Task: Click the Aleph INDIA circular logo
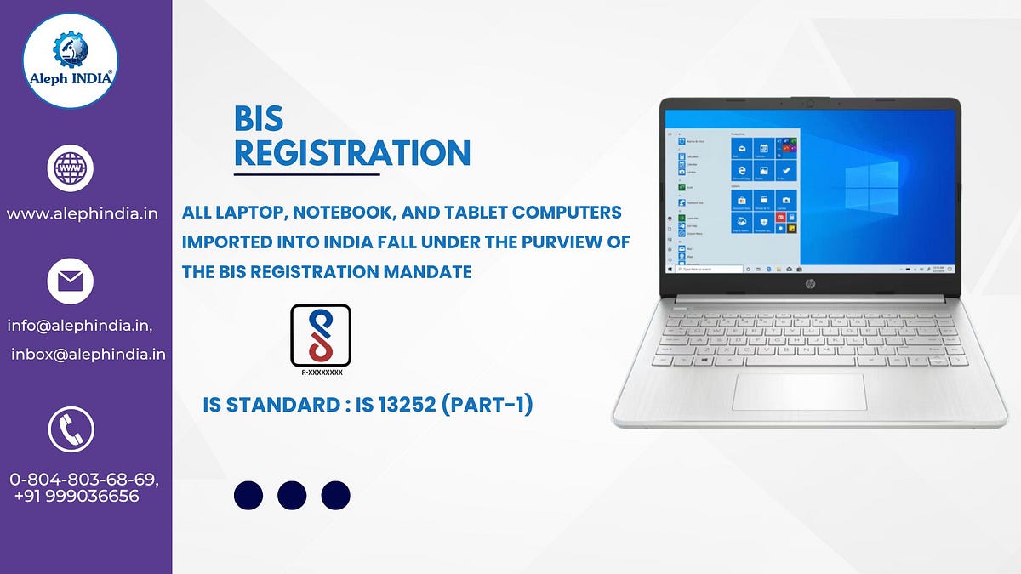pos(70,60)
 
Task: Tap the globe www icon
pos(70,168)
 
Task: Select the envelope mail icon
pos(70,281)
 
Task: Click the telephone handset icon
pos(71,429)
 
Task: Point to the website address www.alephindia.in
pos(83,213)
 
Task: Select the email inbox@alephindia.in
pos(88,354)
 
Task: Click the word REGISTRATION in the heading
pos(351,153)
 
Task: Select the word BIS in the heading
pos(259,120)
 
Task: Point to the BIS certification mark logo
pos(320,335)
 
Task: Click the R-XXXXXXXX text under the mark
pos(321,372)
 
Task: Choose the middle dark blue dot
pos(292,495)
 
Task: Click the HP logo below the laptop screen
pos(810,281)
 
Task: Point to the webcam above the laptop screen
pos(810,104)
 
